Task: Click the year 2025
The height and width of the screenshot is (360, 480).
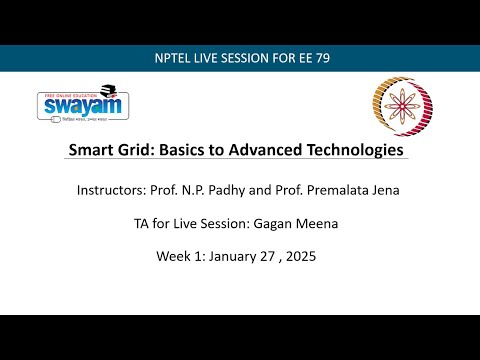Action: click(x=306, y=255)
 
